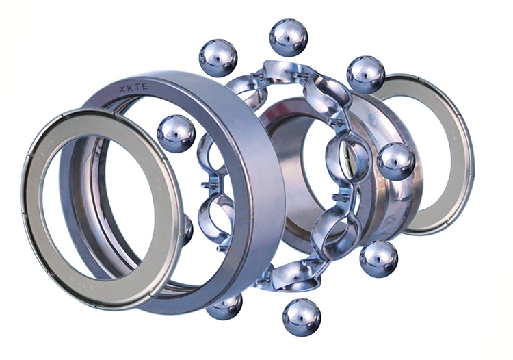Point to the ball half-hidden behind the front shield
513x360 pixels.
187,230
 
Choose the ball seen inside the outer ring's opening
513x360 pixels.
176,134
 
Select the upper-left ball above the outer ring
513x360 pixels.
218,58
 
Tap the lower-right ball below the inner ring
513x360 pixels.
379,259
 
